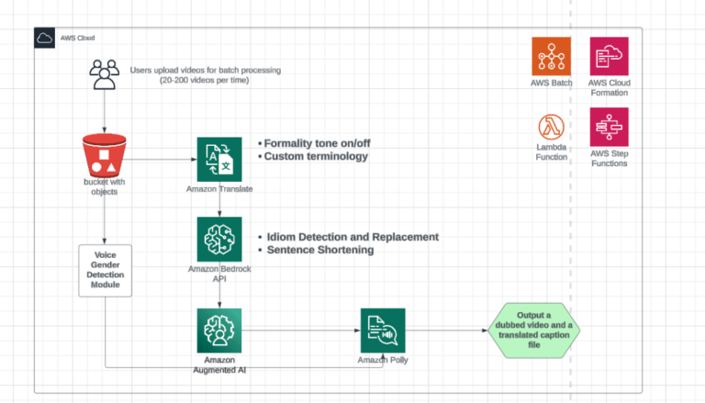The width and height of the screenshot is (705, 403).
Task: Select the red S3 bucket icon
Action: click(104, 157)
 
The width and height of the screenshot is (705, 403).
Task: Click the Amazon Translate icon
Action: click(219, 159)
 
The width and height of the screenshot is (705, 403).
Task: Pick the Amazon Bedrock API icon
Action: click(218, 239)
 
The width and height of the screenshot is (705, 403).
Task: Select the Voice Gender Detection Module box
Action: click(105, 270)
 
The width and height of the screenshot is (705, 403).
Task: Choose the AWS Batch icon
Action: click(551, 56)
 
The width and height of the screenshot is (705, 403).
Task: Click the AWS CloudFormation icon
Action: click(610, 56)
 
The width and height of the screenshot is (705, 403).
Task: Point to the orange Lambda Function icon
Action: click(551, 126)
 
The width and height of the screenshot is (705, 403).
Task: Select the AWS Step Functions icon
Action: click(610, 126)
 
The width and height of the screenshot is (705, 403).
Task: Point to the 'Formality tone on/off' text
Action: click(322, 143)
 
